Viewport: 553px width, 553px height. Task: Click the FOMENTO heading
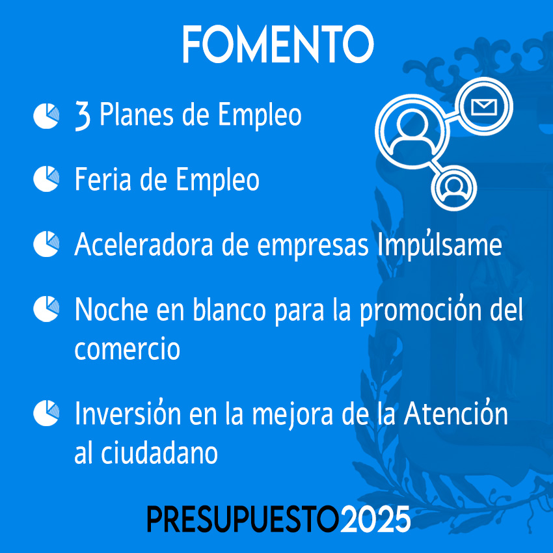tap(278, 44)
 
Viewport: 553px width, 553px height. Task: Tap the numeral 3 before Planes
tap(83, 116)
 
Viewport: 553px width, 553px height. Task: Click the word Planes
tap(137, 115)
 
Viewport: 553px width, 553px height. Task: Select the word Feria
tap(103, 179)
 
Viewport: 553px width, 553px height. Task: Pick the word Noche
tap(111, 309)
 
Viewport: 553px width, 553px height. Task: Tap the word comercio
tap(128, 349)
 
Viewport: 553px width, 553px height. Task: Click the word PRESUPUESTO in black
tap(243, 519)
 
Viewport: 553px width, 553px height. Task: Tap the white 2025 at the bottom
tap(375, 519)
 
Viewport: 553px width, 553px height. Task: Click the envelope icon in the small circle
tap(484, 107)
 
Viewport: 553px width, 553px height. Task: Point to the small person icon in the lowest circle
tap(454, 188)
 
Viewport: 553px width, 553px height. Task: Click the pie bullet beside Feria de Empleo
tap(46, 179)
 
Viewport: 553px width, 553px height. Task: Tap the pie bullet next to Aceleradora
tap(46, 244)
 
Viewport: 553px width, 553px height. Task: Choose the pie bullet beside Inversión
tap(46, 413)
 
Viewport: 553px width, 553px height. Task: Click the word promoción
tap(421, 309)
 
